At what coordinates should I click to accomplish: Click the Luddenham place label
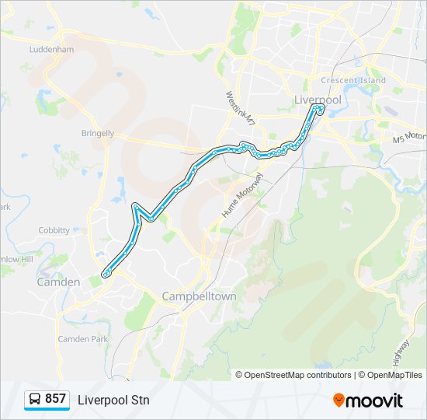click(51, 49)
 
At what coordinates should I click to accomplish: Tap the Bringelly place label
click(98, 133)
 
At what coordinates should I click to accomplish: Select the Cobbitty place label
click(54, 230)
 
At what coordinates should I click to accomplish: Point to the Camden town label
click(58, 282)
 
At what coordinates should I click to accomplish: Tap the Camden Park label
click(82, 339)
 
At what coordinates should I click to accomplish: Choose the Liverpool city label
click(318, 100)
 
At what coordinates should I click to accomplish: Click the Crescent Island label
click(353, 81)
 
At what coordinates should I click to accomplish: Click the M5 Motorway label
click(409, 137)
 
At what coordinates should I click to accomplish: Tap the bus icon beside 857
click(35, 400)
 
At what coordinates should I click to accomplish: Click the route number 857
click(55, 399)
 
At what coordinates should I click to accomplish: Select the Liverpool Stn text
click(113, 401)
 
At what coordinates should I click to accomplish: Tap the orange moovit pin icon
click(338, 401)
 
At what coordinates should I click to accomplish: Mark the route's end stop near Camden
click(106, 273)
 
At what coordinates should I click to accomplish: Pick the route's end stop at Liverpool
click(319, 109)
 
